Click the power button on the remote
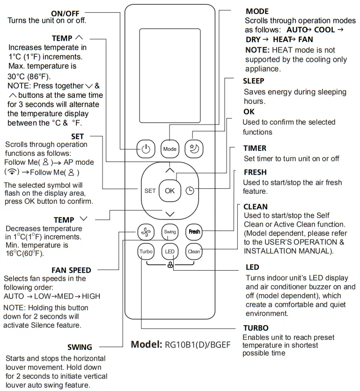tap(146, 148)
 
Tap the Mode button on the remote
tap(169, 148)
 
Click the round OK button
tap(169, 191)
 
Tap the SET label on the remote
tap(150, 191)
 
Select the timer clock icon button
tap(190, 191)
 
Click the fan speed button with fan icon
tap(146, 231)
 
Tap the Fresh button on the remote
tap(194, 231)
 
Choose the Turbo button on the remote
tap(146, 251)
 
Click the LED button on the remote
tap(169, 251)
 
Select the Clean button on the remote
tap(194, 251)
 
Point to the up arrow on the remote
tap(169, 170)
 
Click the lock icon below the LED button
tap(169, 265)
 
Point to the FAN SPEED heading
tap(71, 270)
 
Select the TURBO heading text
tap(256, 328)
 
